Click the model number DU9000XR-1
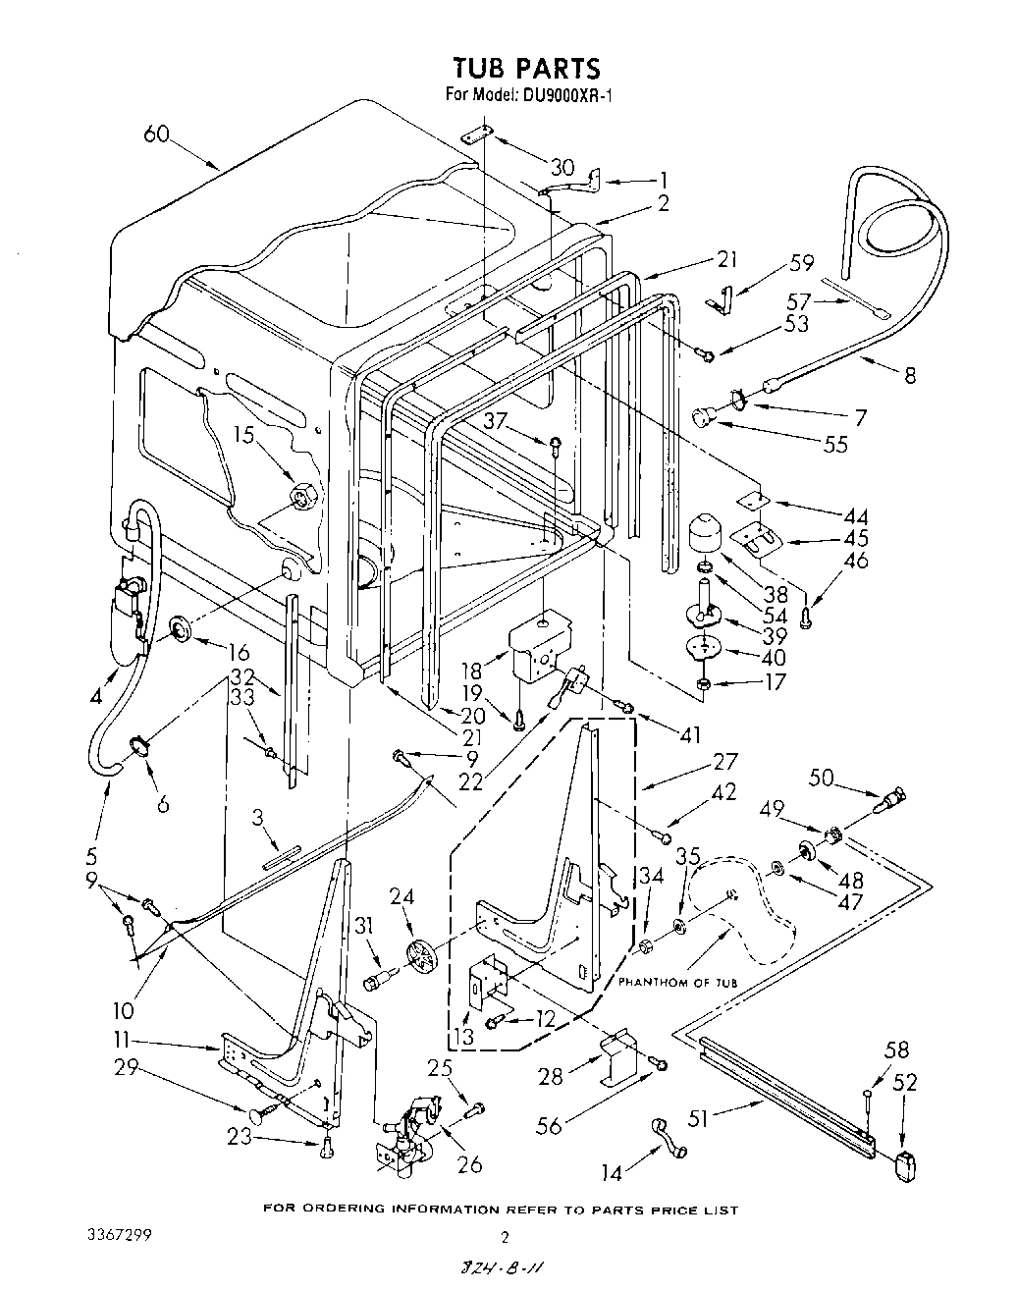(x=566, y=95)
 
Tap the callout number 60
(x=158, y=135)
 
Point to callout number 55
(x=835, y=445)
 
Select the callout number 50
(x=822, y=778)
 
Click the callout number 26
(x=470, y=1164)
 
